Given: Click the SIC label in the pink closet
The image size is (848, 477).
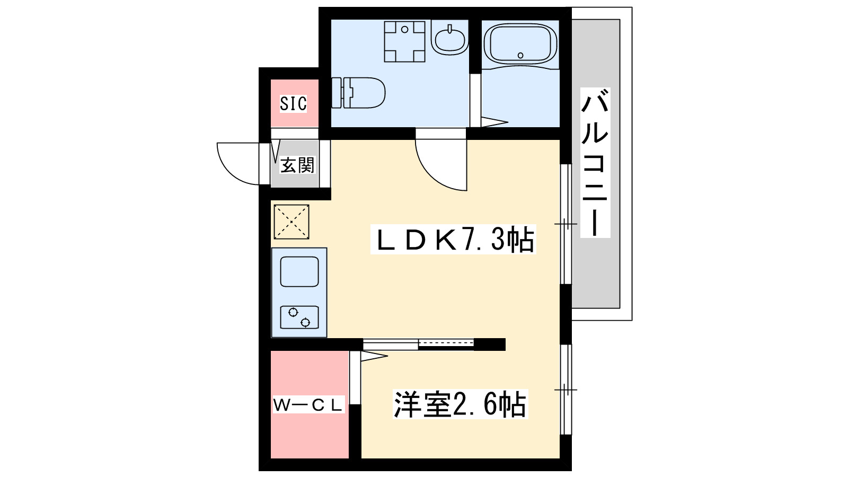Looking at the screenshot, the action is [294, 103].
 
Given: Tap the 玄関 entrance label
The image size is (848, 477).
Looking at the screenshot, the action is [297, 165].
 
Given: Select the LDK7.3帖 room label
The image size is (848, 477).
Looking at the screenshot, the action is [453, 239].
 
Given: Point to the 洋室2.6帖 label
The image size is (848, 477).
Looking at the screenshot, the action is [460, 404].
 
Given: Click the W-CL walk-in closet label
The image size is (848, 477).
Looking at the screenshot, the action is [308, 406].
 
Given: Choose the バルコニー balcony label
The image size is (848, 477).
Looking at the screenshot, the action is [595, 163].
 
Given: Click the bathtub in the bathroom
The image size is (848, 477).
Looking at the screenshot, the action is [520, 46].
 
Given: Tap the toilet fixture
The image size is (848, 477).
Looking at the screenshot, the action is [358, 93].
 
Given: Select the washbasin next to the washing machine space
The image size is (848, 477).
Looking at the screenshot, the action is [450, 38].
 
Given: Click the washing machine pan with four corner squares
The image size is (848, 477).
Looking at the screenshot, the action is [405, 41].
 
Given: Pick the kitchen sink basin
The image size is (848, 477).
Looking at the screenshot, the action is [299, 271].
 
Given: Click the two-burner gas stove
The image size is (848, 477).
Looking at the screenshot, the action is [299, 317].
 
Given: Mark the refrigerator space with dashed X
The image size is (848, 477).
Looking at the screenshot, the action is [291, 222].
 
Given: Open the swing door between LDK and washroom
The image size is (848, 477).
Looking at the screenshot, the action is [441, 165].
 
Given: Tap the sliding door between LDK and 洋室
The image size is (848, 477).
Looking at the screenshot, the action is [418, 344].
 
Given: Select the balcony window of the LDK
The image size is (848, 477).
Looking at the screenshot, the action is [566, 224].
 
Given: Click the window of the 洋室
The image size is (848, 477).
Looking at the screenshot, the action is [566, 390].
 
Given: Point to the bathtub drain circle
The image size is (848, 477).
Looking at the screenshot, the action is [520, 56].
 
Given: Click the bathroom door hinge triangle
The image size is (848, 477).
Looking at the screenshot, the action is [494, 122].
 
